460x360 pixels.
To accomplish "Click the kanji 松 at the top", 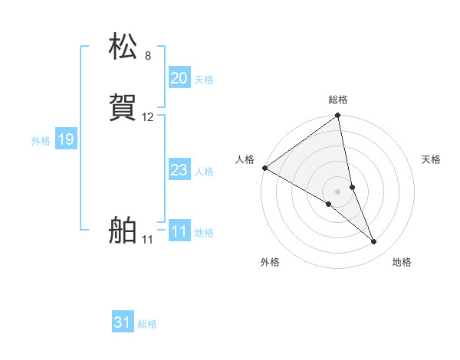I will [123, 47].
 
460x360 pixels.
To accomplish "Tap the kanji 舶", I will [123, 231].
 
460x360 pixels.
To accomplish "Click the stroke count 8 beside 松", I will [148, 56].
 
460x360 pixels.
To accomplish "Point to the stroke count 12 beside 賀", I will [148, 117].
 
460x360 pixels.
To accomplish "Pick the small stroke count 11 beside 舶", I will [147, 240].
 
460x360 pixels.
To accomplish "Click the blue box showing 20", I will [179, 78].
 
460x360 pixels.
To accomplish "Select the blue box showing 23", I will [179, 170].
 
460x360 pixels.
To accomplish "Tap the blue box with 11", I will [179, 231].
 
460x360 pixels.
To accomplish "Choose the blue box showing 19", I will [66, 139].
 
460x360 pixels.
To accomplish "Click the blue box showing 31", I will [123, 323].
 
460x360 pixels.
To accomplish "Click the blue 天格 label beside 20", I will [204, 80].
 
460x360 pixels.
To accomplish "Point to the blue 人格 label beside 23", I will [204, 172].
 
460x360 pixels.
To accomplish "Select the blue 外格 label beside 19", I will [41, 141].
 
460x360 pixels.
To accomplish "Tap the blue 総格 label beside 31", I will [147, 325].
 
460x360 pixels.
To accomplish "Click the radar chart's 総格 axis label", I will [338, 100].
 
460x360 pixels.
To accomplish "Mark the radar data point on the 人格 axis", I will [264, 168].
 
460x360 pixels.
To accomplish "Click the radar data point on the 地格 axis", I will [374, 242].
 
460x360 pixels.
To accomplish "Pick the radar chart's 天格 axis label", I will [431, 159].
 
